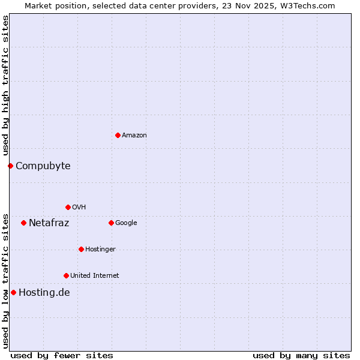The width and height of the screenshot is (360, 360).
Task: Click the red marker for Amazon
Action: click(118, 135)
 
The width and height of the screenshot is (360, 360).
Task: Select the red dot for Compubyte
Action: click(10, 166)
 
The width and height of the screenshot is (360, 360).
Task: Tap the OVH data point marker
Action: click(68, 207)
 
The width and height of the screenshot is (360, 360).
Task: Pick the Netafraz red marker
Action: click(23, 223)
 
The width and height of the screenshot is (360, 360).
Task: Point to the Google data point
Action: click(111, 223)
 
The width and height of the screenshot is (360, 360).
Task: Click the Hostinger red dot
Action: click(81, 249)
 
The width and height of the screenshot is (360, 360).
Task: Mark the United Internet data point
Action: click(66, 275)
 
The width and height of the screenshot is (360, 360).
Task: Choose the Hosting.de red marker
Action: click(13, 292)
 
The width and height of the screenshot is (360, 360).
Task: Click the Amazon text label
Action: click(134, 136)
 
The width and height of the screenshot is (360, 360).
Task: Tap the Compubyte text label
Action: click(43, 166)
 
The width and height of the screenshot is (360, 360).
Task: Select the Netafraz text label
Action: click(49, 223)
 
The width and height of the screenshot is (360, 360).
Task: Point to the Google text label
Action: click(126, 223)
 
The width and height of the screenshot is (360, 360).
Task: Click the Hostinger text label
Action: click(100, 250)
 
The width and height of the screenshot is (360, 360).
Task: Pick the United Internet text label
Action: click(95, 276)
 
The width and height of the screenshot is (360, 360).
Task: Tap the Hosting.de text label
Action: click(44, 293)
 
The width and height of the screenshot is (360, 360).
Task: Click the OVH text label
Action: click(79, 208)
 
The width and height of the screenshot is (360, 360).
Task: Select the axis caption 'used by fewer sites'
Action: click(62, 355)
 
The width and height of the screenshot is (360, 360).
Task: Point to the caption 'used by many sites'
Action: click(301, 355)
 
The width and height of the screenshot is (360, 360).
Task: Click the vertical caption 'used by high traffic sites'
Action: click(5, 86)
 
